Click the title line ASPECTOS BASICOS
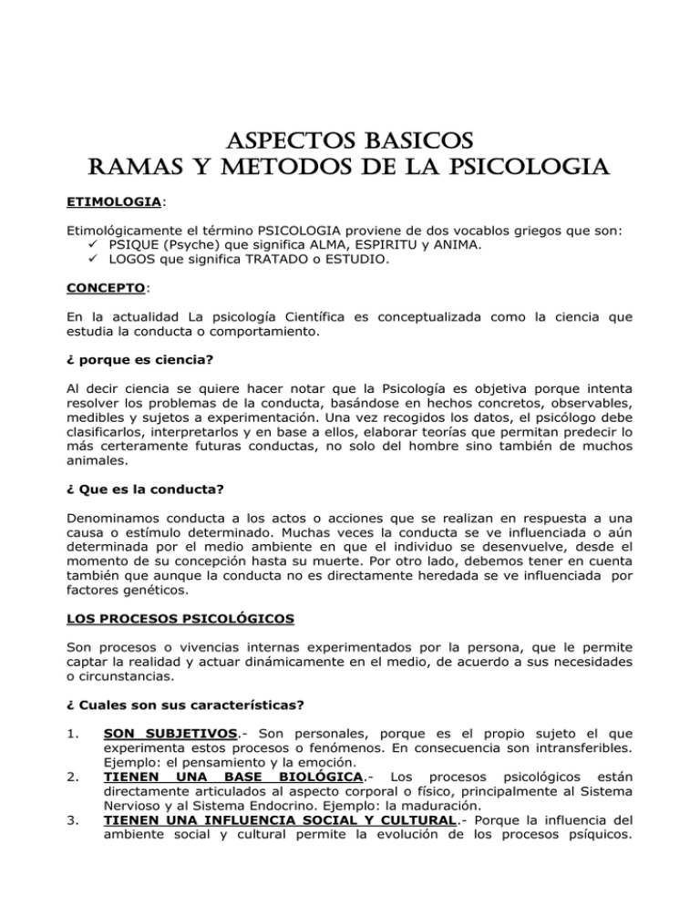click(x=350, y=144)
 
